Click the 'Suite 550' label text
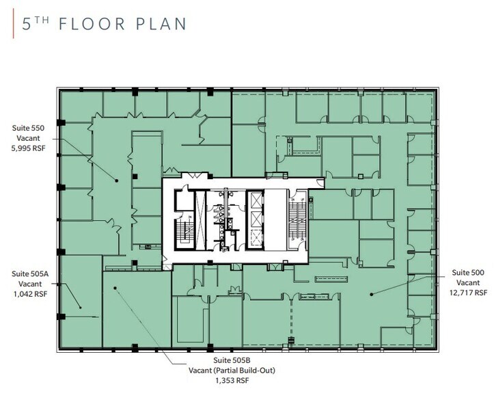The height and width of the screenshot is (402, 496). point(28,129)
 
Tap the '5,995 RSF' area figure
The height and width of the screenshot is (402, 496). point(28,148)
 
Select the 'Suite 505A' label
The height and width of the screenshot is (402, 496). point(30,273)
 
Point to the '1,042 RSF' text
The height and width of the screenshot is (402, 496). point(30,294)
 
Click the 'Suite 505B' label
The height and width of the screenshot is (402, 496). point(232,360)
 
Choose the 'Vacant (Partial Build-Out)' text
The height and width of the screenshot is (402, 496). point(232,371)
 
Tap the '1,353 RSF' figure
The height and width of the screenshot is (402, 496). point(232,381)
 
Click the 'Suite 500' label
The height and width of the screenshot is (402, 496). point(468,273)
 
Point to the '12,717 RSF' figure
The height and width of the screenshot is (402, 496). point(468,293)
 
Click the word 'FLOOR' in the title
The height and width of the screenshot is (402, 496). point(92,25)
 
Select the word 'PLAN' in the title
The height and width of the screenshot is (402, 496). point(161,25)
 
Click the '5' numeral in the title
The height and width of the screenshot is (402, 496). point(27,25)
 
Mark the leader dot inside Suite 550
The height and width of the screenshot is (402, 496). point(116,180)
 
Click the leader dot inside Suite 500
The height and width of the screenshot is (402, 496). point(372,295)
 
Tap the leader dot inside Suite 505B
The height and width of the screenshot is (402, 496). point(115,288)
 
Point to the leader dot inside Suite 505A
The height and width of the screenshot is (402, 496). point(81,308)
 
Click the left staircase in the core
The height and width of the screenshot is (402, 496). point(184,230)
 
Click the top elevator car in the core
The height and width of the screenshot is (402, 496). point(256,200)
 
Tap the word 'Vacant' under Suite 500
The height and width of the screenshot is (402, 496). point(468,282)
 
